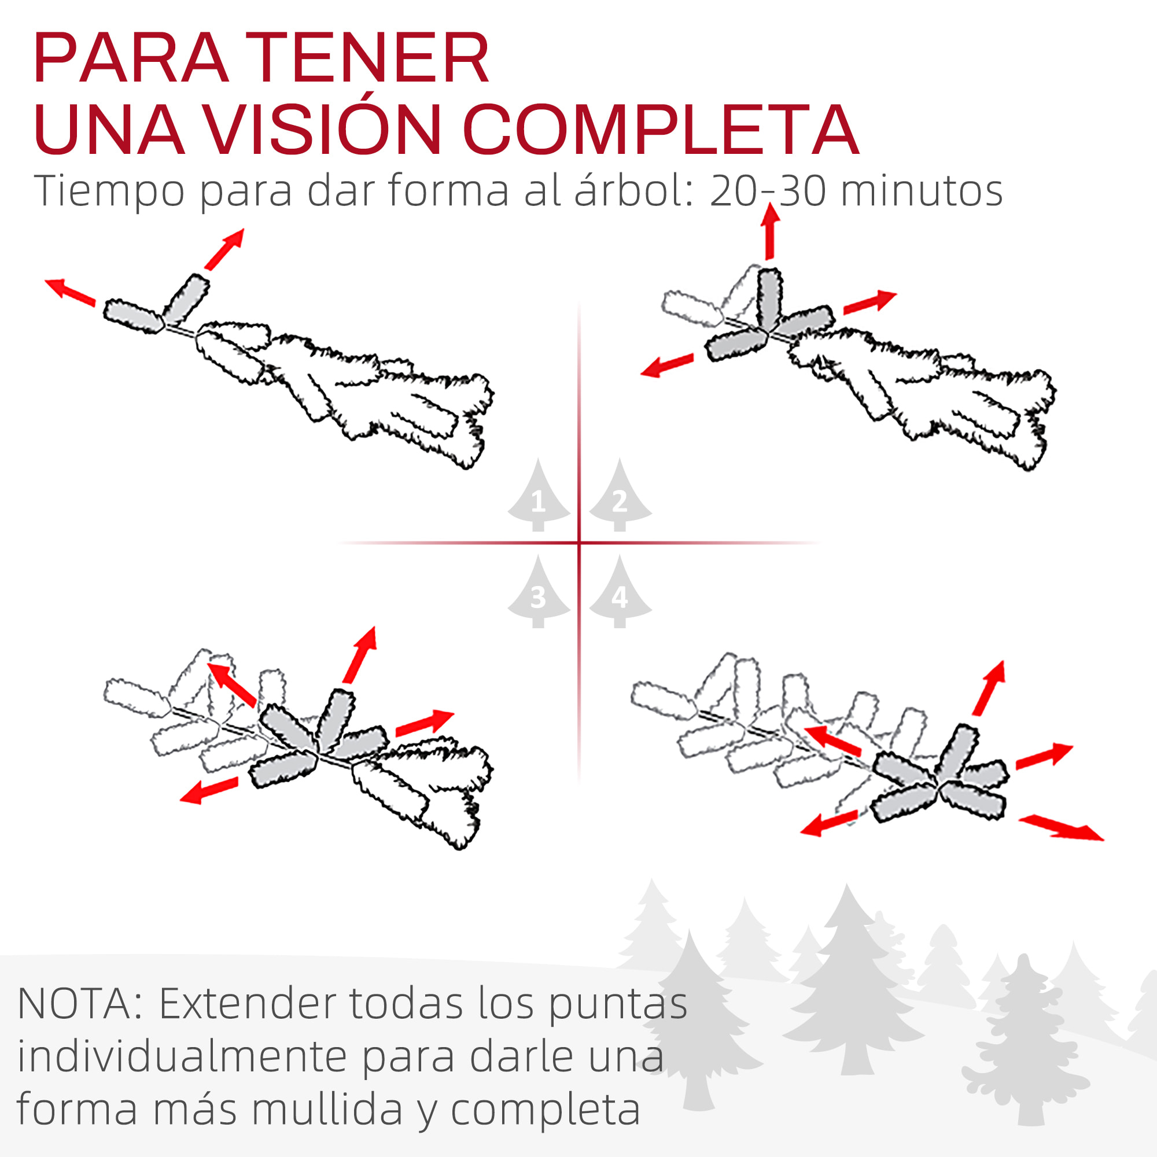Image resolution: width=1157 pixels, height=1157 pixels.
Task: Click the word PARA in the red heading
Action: tap(131, 57)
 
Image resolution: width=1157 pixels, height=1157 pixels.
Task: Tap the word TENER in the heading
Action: tap(369, 57)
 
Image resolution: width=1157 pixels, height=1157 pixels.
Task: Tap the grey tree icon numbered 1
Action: tap(539, 495)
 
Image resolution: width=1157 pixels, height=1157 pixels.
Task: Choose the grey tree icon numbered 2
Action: tap(620, 495)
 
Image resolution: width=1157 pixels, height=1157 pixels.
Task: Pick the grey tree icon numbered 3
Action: tap(539, 591)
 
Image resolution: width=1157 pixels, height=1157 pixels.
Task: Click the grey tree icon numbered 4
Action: tap(620, 591)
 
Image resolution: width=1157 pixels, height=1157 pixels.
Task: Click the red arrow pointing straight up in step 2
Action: tap(770, 231)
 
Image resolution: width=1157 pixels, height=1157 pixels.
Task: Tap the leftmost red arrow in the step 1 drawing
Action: tap(71, 293)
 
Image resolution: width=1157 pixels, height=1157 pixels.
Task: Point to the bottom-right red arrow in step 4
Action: tap(1061, 828)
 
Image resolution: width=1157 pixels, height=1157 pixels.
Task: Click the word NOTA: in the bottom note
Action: tap(82, 1004)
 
